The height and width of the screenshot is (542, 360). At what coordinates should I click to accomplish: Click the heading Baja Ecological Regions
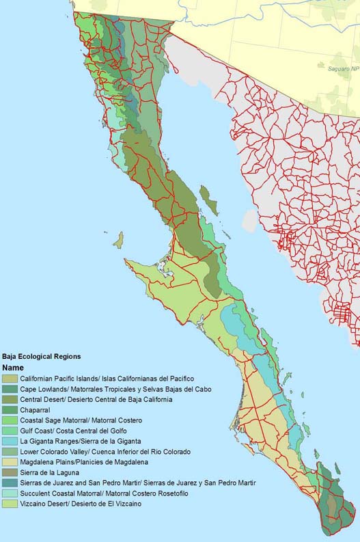click(42, 356)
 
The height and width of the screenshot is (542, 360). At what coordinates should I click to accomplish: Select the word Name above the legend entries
click(13, 367)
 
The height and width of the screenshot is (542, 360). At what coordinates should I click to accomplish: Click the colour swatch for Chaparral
click(10, 409)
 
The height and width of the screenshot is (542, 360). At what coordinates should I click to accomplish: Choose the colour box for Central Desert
click(10, 399)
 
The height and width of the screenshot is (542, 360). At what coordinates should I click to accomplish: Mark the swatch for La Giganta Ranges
click(10, 442)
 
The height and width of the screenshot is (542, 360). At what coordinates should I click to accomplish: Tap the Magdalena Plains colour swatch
click(10, 462)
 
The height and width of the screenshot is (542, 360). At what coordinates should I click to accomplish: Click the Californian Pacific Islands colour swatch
click(10, 378)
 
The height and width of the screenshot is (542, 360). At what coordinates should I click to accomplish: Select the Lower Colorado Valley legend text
click(102, 452)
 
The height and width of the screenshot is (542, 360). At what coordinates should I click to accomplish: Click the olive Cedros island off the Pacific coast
click(118, 240)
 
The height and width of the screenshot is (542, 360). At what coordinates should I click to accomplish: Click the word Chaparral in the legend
click(35, 409)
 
